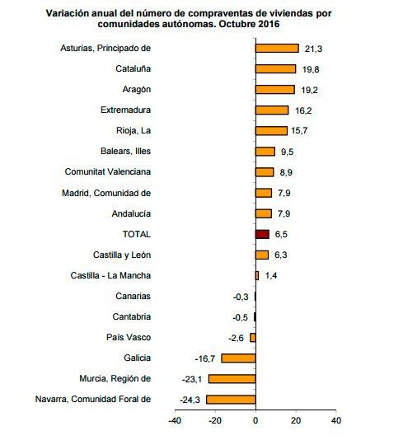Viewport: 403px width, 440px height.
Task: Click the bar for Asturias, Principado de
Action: pyautogui.click(x=277, y=48)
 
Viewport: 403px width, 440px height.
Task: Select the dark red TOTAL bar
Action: pyautogui.click(x=262, y=234)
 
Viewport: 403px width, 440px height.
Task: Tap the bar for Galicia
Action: pyautogui.click(x=238, y=358)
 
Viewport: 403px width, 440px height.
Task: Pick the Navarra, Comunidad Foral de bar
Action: pyautogui.click(x=231, y=400)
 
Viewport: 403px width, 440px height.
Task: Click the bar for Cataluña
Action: pyautogui.click(x=275, y=68)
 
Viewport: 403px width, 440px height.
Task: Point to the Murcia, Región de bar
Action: pyautogui.click(x=232, y=378)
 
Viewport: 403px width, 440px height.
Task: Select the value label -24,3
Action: pyautogui.click(x=191, y=400)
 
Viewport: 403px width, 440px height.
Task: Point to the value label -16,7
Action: pyautogui.click(x=206, y=358)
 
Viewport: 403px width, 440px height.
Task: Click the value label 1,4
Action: pyautogui.click(x=271, y=275)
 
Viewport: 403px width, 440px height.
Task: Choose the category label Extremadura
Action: pyautogui.click(x=124, y=110)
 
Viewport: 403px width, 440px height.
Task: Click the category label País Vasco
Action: pyautogui.click(x=128, y=337)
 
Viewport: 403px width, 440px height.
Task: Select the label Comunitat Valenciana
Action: pyautogui.click(x=108, y=171)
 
